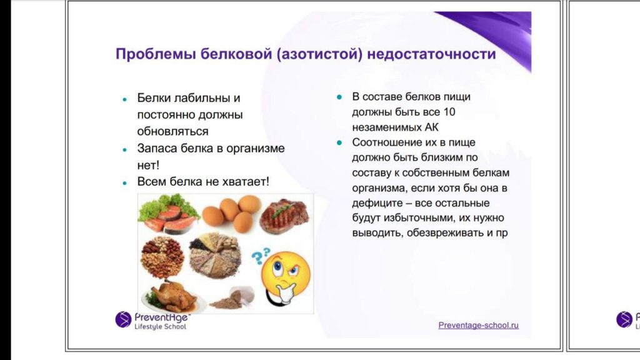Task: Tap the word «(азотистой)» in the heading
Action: click(319, 54)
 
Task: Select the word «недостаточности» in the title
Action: click(431, 54)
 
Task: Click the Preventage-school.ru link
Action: click(478, 325)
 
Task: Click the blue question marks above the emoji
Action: click(260, 256)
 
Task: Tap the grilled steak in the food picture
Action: click(285, 215)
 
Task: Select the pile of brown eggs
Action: click(232, 213)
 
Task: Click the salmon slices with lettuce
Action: click(168, 214)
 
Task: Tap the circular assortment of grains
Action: click(215, 256)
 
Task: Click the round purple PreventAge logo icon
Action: click(123, 319)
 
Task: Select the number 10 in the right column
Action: click(449, 112)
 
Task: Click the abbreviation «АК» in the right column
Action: click(431, 127)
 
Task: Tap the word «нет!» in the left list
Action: click(148, 165)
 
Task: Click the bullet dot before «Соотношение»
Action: click(339, 143)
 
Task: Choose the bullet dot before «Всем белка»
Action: click(125, 183)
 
